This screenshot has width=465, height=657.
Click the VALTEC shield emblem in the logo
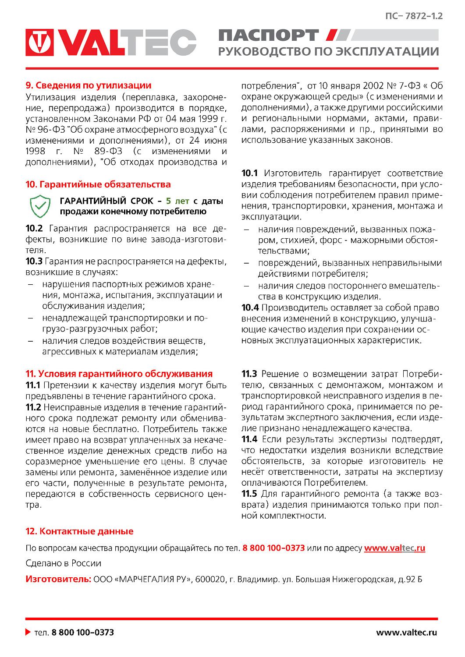click(x=40, y=42)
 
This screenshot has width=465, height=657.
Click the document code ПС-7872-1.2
click(x=414, y=16)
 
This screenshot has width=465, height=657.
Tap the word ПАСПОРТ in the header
click(x=268, y=35)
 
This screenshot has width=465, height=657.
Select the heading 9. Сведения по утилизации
click(x=88, y=85)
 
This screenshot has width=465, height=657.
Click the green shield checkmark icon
click(x=40, y=206)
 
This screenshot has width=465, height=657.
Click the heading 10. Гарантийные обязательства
click(x=98, y=184)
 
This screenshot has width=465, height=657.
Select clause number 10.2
click(x=34, y=229)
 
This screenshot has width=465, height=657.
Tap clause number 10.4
click(x=250, y=308)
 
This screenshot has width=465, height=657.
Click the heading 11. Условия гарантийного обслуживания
click(x=119, y=374)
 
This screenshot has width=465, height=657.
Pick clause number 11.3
click(x=249, y=374)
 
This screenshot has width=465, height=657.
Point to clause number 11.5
click(x=249, y=494)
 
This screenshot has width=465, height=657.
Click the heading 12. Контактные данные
click(x=79, y=531)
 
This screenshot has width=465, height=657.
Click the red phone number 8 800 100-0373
click(x=273, y=548)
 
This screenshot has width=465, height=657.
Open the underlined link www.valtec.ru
click(x=394, y=548)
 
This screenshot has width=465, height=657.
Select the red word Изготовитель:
click(x=58, y=579)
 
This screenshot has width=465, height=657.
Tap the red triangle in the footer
click(x=28, y=632)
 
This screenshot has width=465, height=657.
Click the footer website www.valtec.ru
click(x=406, y=632)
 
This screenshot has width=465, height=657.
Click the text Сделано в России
click(x=63, y=563)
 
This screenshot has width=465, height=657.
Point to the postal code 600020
click(x=210, y=579)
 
